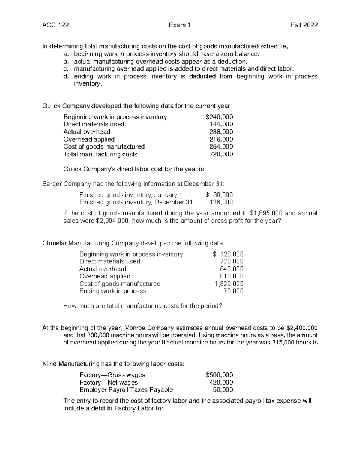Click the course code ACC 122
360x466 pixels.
[x=56, y=25]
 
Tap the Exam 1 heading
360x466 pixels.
[x=180, y=25]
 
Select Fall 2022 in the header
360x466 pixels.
[x=304, y=25]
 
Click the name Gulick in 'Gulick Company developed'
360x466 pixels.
[x=52, y=106]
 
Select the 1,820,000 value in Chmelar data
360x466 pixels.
[x=229, y=284]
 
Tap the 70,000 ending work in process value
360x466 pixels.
[x=233, y=291]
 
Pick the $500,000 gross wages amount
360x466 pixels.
[x=219, y=375]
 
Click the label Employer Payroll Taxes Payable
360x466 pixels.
[x=126, y=390]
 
